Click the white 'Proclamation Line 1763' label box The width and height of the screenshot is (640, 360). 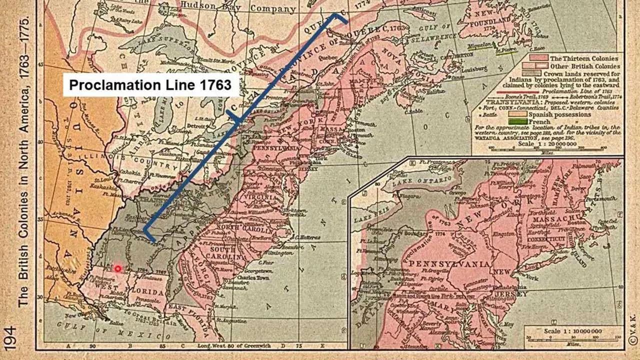click(150, 84)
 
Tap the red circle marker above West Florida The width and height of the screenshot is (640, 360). click(118, 268)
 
